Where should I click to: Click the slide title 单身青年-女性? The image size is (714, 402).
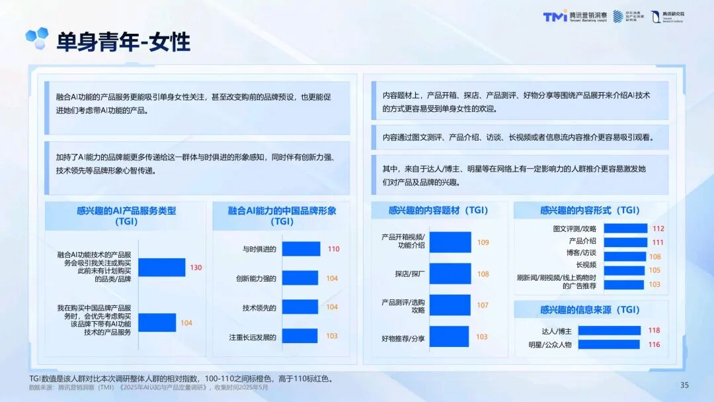click(x=123, y=42)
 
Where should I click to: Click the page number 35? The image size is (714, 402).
click(x=684, y=385)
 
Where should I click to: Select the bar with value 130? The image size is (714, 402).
click(x=161, y=267)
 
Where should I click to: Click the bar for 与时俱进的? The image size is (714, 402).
click(x=301, y=249)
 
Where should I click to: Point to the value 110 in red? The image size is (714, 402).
click(x=333, y=249)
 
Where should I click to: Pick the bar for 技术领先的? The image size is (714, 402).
click(x=299, y=307)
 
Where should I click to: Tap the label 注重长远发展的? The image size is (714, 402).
click(x=252, y=336)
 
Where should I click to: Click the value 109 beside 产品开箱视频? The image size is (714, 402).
click(x=483, y=242)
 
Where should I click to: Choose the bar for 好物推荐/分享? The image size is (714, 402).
click(x=448, y=336)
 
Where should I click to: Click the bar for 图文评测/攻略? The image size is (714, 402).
click(x=625, y=228)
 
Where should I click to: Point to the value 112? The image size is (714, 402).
click(x=658, y=228)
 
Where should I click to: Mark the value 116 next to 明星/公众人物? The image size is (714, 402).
click(x=654, y=344)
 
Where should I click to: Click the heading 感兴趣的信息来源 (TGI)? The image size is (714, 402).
click(x=590, y=309)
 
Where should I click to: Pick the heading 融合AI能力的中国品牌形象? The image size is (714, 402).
click(x=282, y=211)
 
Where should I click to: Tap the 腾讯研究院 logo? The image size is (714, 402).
click(x=667, y=17)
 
